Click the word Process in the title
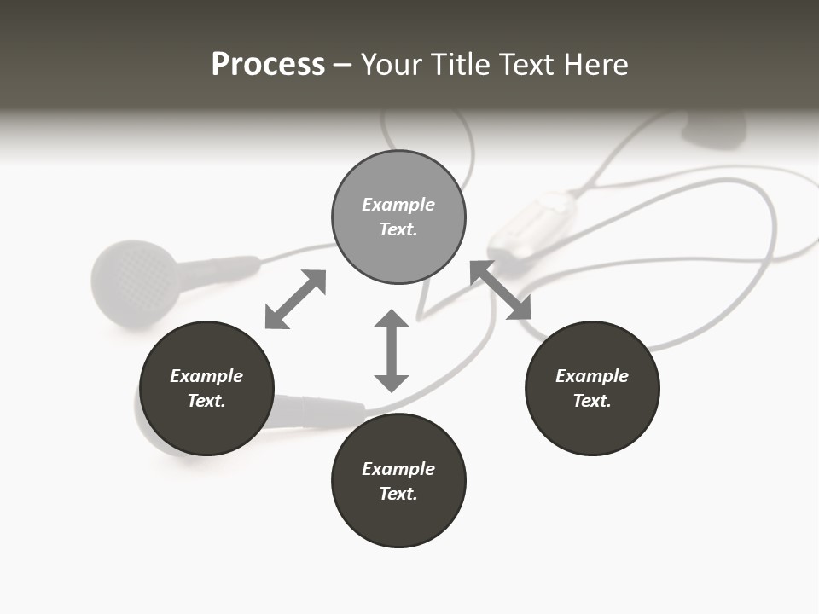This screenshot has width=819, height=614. click(268, 65)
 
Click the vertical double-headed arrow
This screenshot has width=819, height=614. click(392, 350)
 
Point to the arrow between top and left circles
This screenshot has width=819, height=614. click(295, 299)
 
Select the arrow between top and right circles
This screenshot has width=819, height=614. click(501, 290)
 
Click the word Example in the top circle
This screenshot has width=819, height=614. click(398, 205)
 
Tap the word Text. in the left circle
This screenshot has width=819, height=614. click(206, 401)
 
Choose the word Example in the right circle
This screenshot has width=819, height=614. click(592, 376)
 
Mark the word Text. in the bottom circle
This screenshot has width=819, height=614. click(398, 494)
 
